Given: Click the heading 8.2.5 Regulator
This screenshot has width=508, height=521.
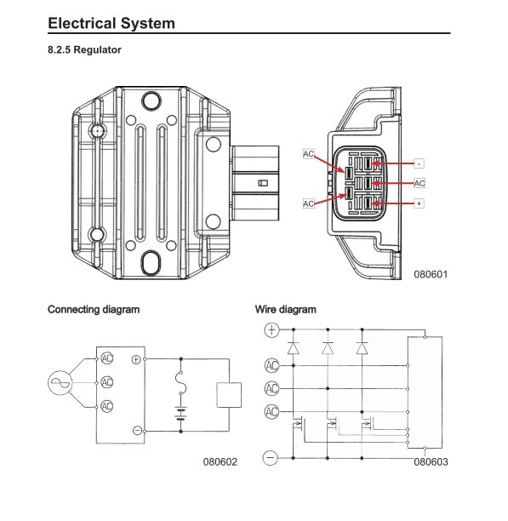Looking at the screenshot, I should click(x=84, y=51).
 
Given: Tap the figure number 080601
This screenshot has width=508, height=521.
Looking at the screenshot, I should click(x=431, y=275).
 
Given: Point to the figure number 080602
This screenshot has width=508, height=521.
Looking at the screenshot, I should click(x=220, y=462).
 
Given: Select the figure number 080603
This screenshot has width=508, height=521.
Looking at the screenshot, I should click(x=431, y=462).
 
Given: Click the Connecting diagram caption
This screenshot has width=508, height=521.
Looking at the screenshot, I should click(x=94, y=310).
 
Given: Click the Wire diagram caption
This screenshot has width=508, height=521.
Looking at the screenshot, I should click(x=285, y=310).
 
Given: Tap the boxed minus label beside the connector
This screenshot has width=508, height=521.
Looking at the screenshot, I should click(x=419, y=163).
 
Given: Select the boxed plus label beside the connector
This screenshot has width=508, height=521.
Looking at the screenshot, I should click(x=419, y=203).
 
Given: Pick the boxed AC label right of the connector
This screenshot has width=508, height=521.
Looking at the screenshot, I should click(x=419, y=183).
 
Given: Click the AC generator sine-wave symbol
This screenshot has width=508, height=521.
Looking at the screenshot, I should click(x=57, y=383).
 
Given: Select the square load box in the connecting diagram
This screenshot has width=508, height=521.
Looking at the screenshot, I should click(x=230, y=395).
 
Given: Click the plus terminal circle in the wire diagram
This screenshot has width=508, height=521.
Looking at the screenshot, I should click(x=271, y=329).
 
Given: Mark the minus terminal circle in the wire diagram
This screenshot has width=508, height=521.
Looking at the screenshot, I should click(x=271, y=457).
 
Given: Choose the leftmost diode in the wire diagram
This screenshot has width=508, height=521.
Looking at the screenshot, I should click(x=294, y=347).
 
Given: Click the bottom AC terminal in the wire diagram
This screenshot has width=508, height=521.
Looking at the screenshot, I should click(x=271, y=412).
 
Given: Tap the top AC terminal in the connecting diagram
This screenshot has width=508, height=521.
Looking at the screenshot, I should click(x=107, y=358).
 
